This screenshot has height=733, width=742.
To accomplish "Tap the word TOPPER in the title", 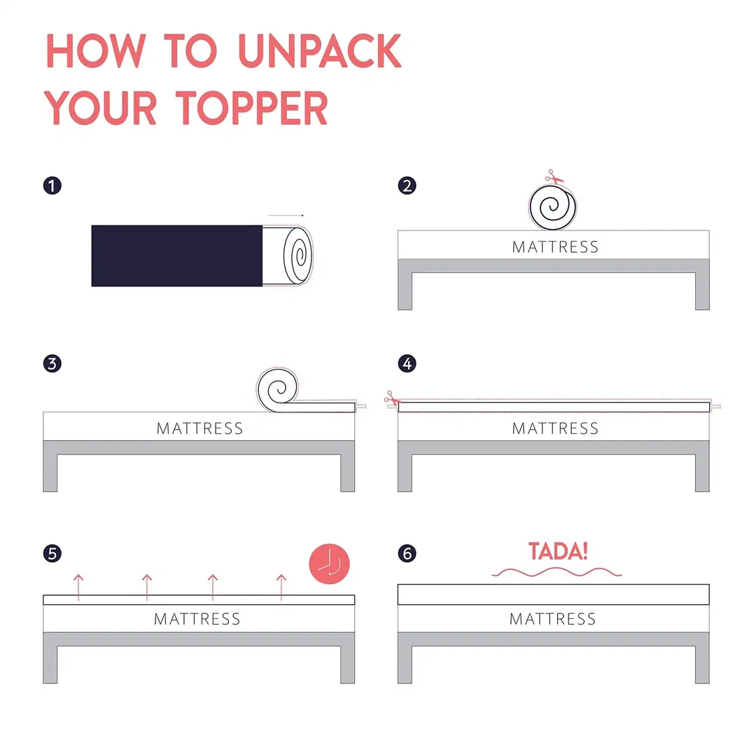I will pyautogui.click(x=252, y=108).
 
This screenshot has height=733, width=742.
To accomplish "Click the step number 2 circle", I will pyautogui.click(x=407, y=186).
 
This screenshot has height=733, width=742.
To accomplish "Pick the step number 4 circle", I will pyautogui.click(x=407, y=364).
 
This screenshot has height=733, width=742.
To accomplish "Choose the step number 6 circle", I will pyautogui.click(x=407, y=554).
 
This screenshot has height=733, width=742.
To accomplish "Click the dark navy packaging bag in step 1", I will pyautogui.click(x=176, y=256).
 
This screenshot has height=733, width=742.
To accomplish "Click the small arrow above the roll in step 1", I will pyautogui.click(x=286, y=216).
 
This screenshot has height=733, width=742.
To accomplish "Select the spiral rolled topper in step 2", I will pyautogui.click(x=554, y=207).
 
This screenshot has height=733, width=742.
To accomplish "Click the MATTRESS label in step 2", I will pyautogui.click(x=555, y=247).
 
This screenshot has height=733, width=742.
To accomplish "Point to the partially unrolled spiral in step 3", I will pyautogui.click(x=279, y=388).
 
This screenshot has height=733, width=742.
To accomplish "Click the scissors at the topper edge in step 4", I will pyautogui.click(x=391, y=401).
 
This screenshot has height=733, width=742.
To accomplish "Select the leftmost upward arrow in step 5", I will pyautogui.click(x=78, y=587).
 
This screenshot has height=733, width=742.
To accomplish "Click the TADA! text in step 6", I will pyautogui.click(x=558, y=551).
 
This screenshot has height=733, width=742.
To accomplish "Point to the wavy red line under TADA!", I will pyautogui.click(x=556, y=573).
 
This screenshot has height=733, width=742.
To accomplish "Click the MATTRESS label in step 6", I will pyautogui.click(x=552, y=619).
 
